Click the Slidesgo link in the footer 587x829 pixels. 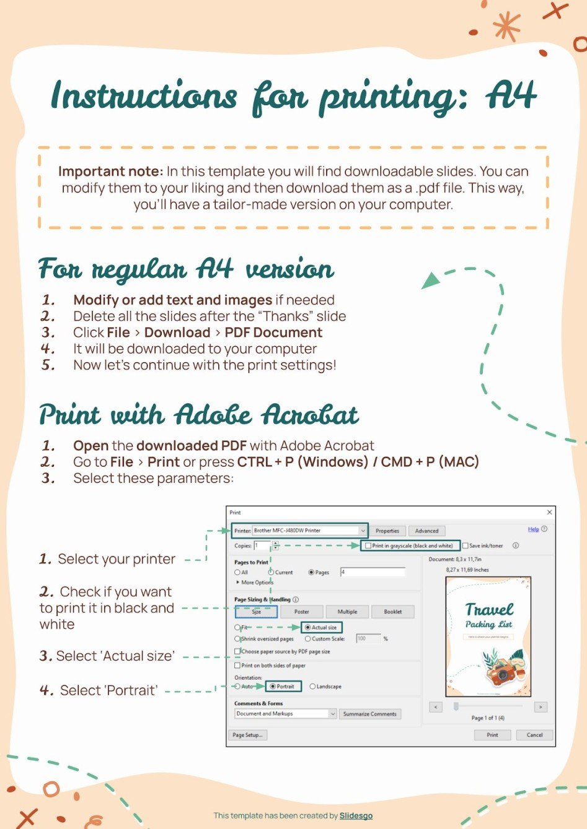click(x=356, y=815)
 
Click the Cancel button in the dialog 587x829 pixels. click(x=534, y=735)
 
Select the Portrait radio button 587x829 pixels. click(x=273, y=687)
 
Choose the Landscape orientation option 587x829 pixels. click(x=312, y=687)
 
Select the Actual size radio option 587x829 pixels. click(x=307, y=628)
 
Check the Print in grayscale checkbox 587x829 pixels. click(x=368, y=546)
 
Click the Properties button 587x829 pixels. click(x=387, y=531)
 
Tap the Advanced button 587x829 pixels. click(x=426, y=531)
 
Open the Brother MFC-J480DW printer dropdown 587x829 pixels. click(x=362, y=531)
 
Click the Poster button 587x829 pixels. click(x=302, y=612)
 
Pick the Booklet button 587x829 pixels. click(x=392, y=612)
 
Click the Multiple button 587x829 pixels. click(x=347, y=612)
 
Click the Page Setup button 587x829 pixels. click(x=247, y=735)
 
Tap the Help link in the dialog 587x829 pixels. click(x=533, y=529)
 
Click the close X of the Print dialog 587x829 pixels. click(x=549, y=513)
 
